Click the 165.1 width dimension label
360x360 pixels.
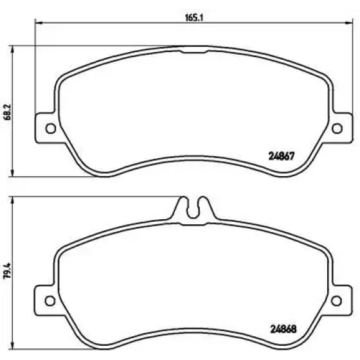(x=194, y=18)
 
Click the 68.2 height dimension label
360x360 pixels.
(x=7, y=113)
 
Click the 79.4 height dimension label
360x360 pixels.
(x=7, y=271)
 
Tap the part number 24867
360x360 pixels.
(x=282, y=156)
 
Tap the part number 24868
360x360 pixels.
(x=283, y=329)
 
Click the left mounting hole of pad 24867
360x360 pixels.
(x=51, y=129)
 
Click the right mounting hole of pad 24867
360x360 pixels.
(x=337, y=129)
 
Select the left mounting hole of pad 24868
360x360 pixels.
(x=50, y=301)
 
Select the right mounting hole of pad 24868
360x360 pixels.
(x=337, y=301)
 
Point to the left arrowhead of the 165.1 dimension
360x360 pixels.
(x=39, y=23)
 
